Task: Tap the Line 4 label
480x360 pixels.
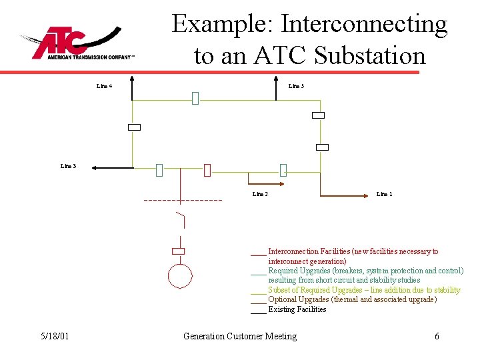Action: pyautogui.click(x=104, y=86)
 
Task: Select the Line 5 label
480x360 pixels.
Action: pyautogui.click(x=296, y=86)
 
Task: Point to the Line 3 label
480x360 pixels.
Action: pyautogui.click(x=68, y=166)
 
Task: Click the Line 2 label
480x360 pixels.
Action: pyautogui.click(x=260, y=194)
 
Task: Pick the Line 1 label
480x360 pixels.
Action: pyautogui.click(x=384, y=194)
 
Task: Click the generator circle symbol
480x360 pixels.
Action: pyautogui.click(x=179, y=275)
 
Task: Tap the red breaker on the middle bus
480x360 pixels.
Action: pyautogui.click(x=207, y=170)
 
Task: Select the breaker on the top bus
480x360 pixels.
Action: pyautogui.click(x=195, y=99)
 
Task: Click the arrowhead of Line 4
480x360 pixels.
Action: pyautogui.click(x=132, y=80)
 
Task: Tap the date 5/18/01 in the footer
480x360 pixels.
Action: pyautogui.click(x=53, y=336)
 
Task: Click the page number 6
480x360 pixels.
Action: pyautogui.click(x=437, y=336)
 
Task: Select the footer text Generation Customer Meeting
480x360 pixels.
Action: pyautogui.click(x=240, y=336)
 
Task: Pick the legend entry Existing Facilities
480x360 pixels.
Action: pyautogui.click(x=297, y=309)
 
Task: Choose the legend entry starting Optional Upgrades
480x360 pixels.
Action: pyautogui.click(x=352, y=299)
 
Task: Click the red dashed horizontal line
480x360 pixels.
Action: pyautogui.click(x=183, y=201)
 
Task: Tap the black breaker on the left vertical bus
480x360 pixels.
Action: pyautogui.click(x=135, y=127)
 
